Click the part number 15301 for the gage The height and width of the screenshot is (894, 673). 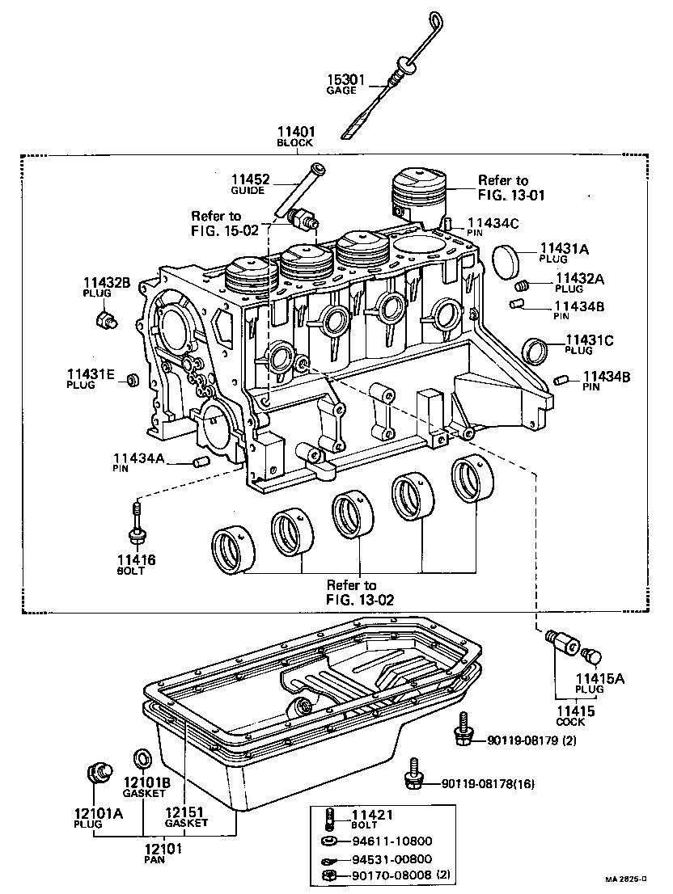(346, 80)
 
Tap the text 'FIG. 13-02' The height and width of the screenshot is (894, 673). (352, 599)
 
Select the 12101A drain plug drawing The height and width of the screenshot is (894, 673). (98, 773)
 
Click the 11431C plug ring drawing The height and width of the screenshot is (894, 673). (535, 351)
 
